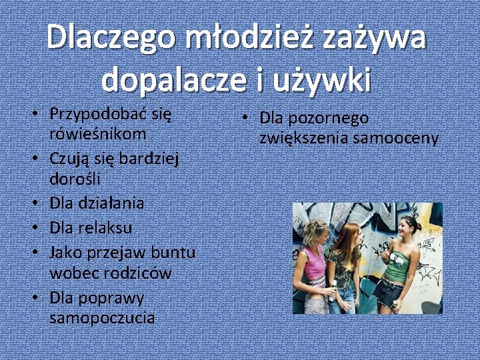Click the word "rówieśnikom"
click(x=97, y=134)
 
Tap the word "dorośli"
click(x=76, y=180)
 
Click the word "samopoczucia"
click(x=102, y=318)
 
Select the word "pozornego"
click(x=327, y=118)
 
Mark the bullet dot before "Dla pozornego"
click(x=246, y=118)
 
